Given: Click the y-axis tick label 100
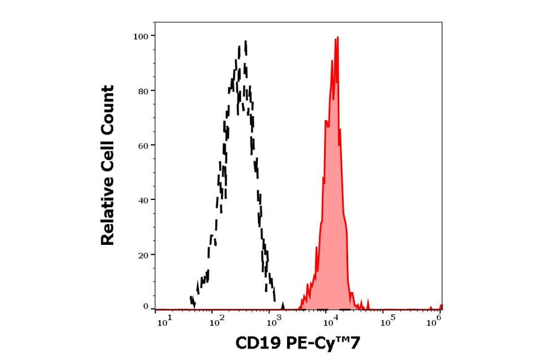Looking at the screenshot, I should point(141,36).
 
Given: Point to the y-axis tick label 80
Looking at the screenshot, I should point(143,91).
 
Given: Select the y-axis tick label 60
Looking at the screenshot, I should point(143,145).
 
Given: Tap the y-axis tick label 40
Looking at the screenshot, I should point(143,200).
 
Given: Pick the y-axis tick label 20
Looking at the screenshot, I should point(143,255).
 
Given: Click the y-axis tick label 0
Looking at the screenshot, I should point(145,307).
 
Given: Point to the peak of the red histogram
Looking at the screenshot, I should point(337,38).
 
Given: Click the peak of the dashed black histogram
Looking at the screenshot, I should point(245,42).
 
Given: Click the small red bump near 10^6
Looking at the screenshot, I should point(440,307).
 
